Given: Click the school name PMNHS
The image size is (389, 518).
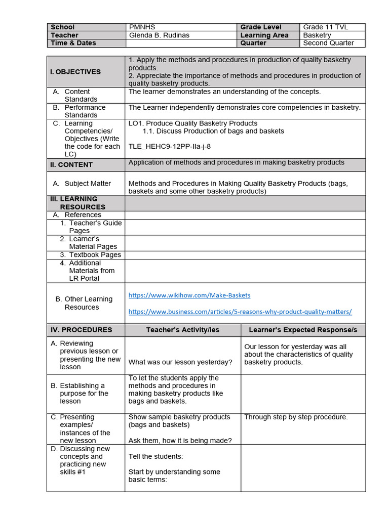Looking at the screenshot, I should tap(140, 27).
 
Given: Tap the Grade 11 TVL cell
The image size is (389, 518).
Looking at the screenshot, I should tap(326, 27).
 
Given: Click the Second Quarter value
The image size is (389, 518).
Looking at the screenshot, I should tap(328, 43).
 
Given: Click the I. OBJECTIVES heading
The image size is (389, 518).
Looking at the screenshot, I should tap(75, 72).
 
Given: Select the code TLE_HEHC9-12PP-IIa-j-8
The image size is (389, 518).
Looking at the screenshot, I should tap(170, 147).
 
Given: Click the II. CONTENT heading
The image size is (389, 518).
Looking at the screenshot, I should tap(71, 165).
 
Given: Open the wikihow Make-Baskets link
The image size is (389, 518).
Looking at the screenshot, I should tap(189, 295).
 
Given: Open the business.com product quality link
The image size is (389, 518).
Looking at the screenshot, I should tap(240, 312).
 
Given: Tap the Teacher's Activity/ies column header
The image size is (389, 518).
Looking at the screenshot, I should tap(183, 330).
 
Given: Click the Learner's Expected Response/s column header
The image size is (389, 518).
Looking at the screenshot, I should tap(303, 330).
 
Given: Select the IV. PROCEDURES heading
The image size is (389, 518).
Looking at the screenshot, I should tap(81, 330).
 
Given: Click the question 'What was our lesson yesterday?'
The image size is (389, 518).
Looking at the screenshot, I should tap(180, 362).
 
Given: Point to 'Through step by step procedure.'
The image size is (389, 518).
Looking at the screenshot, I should tap(296, 417).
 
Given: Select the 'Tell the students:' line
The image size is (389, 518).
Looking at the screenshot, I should tap(155, 456).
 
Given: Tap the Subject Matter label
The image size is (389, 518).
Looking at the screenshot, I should tap(87, 184).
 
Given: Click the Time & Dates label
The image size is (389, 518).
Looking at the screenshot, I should tap(73, 43).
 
